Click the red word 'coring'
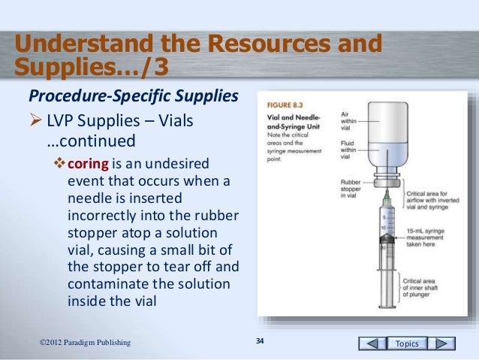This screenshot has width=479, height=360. [89, 165]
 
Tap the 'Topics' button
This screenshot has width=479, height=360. [408, 343]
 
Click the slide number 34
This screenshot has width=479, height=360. [261, 343]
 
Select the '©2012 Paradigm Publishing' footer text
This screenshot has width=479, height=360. [85, 343]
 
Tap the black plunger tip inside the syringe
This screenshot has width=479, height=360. [384, 246]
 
